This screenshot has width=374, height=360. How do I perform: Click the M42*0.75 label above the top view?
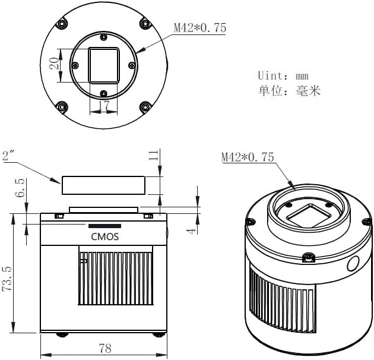(x=199, y=28)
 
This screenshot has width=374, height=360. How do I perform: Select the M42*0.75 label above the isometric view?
(x=248, y=157)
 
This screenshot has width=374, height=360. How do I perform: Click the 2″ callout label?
(x=9, y=156)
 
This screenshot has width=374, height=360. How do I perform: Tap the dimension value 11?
(x=153, y=156)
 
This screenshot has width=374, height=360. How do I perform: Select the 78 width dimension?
(x=104, y=349)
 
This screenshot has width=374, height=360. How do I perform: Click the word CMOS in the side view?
(x=104, y=236)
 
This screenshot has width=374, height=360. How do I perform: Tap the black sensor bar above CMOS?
(x=104, y=226)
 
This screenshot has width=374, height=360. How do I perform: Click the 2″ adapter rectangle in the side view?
(x=103, y=185)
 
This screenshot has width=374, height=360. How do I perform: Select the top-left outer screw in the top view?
(x=62, y=23)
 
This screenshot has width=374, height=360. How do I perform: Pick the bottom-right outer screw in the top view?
(x=144, y=108)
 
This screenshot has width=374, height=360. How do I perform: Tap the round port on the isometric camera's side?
(x=354, y=263)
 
